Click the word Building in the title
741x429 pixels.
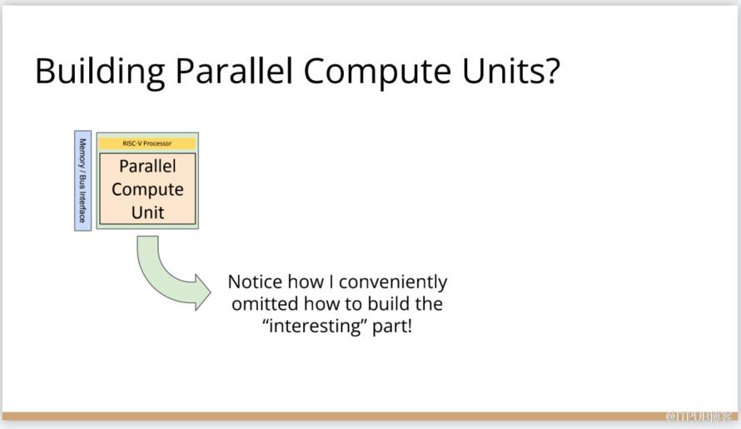(100, 72)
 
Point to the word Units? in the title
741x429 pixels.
(511, 70)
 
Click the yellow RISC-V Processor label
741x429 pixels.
(147, 143)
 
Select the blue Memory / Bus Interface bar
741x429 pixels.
(82, 181)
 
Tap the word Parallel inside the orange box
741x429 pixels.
(147, 166)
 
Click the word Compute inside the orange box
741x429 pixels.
(147, 190)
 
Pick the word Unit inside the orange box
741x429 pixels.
(147, 212)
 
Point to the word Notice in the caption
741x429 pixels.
(256, 282)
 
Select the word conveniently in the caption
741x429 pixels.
(393, 282)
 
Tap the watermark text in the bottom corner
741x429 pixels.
(699, 417)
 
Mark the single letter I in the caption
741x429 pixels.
(331, 282)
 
